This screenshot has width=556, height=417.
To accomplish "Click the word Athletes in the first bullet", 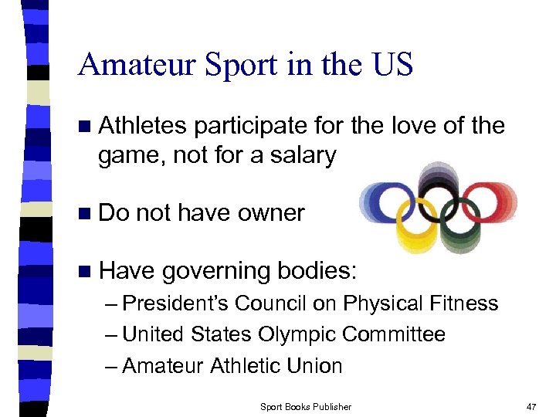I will point(144,125).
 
